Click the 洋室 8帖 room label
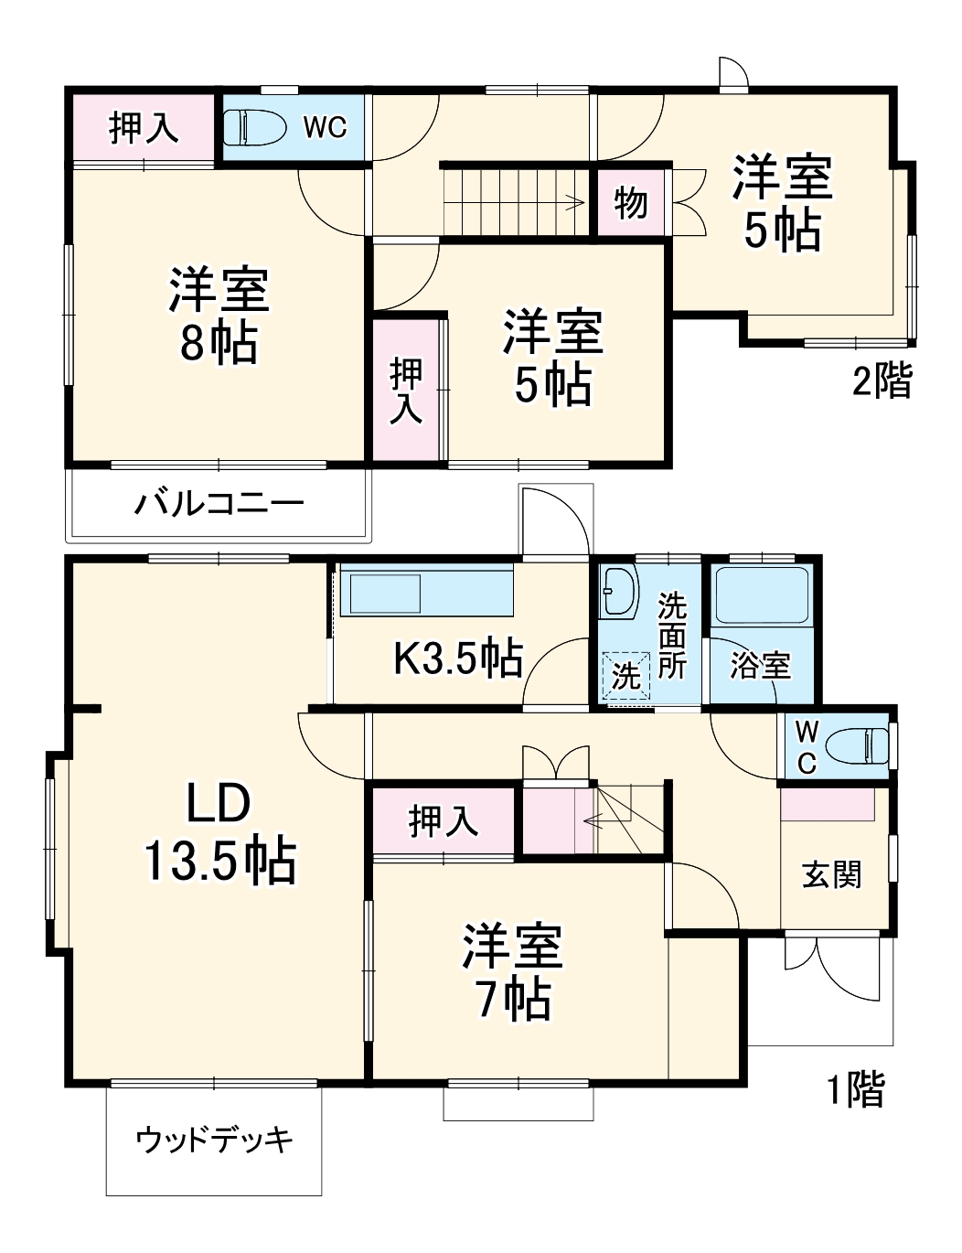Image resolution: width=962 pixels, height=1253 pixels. pyautogui.click(x=218, y=316)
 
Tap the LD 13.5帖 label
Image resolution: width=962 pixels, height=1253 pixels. pyautogui.click(x=219, y=832)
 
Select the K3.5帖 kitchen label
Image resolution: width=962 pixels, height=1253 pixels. pyautogui.click(x=457, y=658)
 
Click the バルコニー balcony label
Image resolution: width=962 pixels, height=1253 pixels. pyautogui.click(x=219, y=503)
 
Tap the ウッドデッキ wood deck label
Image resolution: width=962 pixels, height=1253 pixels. pyautogui.click(x=215, y=1140)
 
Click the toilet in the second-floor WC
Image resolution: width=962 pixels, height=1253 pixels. pyautogui.click(x=251, y=127)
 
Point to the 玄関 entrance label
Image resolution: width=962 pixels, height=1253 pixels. pyautogui.click(x=831, y=875)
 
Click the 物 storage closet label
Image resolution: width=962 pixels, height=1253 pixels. pyautogui.click(x=630, y=203)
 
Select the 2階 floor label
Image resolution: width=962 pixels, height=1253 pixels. pyautogui.click(x=882, y=380)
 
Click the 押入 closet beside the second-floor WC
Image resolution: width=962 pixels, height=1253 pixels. pyautogui.click(x=144, y=128)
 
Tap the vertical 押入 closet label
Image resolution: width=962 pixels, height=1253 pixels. pyautogui.click(x=406, y=391)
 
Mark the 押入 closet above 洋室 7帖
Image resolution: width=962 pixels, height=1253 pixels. pyautogui.click(x=444, y=820)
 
